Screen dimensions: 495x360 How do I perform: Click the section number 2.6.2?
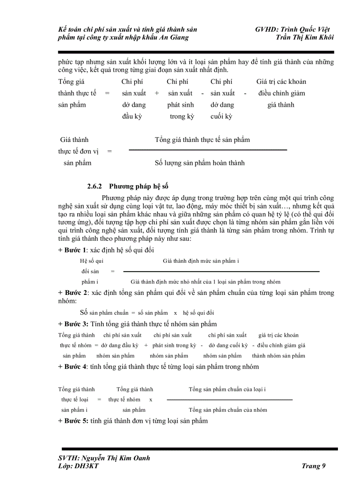[94, 186]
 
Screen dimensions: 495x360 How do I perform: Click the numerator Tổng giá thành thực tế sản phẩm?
[202, 140]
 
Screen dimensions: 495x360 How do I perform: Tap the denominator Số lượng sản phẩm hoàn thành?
[199, 163]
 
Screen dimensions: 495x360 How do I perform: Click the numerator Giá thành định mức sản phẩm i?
[201, 261]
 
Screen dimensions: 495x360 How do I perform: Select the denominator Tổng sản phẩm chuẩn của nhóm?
[228, 409]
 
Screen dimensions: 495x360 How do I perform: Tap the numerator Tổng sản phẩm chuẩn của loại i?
[227, 389]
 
